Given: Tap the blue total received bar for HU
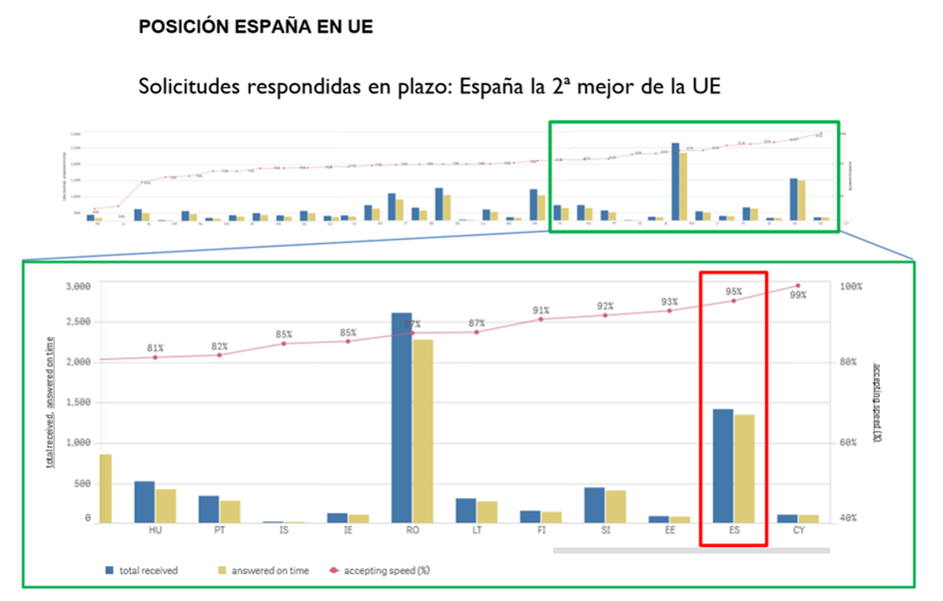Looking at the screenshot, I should point(144,502).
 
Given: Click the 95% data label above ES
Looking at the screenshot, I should point(734,292).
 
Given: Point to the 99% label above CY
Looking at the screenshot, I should point(797,295).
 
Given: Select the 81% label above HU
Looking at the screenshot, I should point(155,347).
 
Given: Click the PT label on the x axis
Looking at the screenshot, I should point(219,531).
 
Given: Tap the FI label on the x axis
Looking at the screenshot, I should point(540,531).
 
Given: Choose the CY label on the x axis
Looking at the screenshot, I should point(798,531).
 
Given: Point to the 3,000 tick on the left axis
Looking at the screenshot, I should point(77,287).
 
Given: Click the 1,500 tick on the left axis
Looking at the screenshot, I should point(77,403).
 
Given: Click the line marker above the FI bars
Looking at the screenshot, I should point(540,318).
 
